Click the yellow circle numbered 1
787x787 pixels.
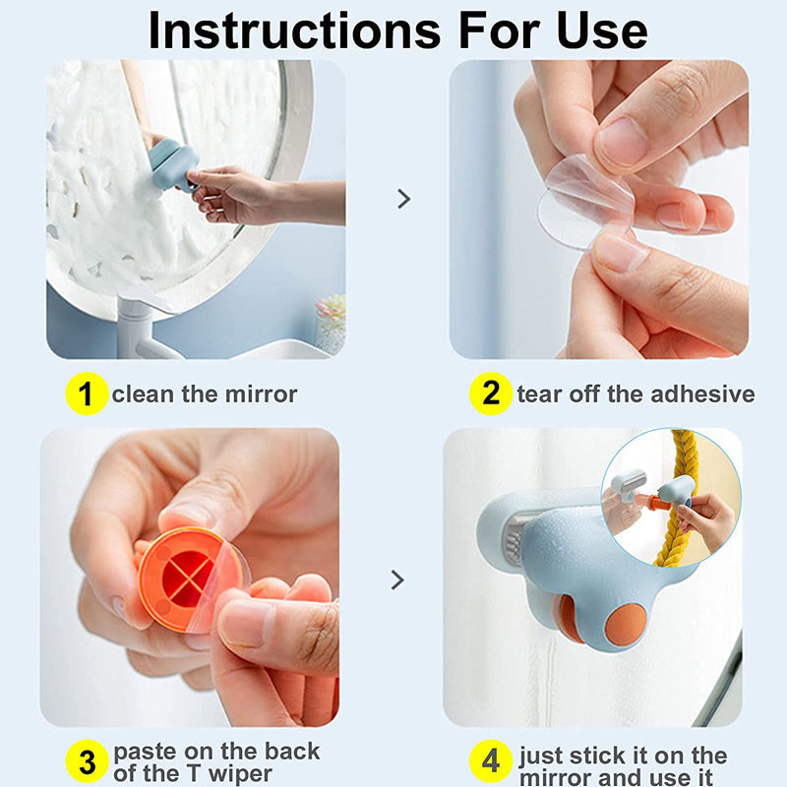pyautogui.click(x=87, y=393)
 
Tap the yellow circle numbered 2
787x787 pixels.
pyautogui.click(x=490, y=393)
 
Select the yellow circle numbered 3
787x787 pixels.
pyautogui.click(x=87, y=760)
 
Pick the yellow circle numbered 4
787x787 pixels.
pyautogui.click(x=490, y=760)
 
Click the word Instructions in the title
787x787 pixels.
pyautogui.click(x=294, y=31)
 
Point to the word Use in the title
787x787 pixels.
pyautogui.click(x=602, y=31)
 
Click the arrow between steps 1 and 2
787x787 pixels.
pyautogui.click(x=403, y=199)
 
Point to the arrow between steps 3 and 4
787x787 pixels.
pyautogui.click(x=397, y=579)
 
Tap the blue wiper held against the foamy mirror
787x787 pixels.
pyautogui.click(x=172, y=165)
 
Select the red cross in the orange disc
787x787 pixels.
pyautogui.click(x=187, y=577)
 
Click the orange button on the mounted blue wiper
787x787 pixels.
pyautogui.click(x=626, y=626)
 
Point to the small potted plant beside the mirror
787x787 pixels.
pyautogui.click(x=331, y=323)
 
